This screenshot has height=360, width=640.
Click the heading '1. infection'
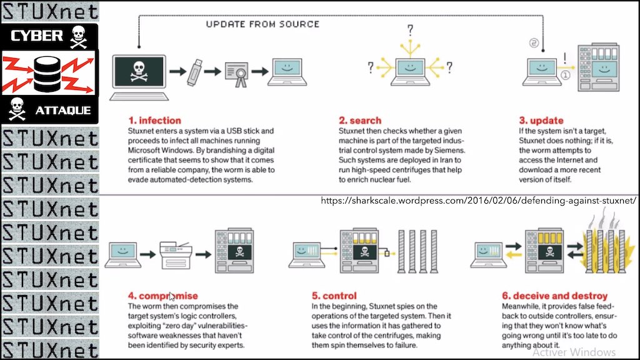(x=155, y=120)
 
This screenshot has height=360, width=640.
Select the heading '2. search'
(x=360, y=120)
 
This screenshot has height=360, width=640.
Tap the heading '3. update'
(x=541, y=120)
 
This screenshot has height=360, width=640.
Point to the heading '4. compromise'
(x=162, y=296)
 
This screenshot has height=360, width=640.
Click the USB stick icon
(x=196, y=71)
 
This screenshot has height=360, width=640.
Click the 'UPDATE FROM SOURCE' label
(x=262, y=24)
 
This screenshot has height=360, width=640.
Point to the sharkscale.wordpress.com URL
(x=478, y=201)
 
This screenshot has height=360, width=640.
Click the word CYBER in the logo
(x=37, y=36)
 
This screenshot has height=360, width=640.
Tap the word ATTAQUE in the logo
(x=62, y=111)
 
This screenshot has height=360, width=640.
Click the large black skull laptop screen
(x=138, y=73)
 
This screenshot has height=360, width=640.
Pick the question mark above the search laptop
(x=410, y=30)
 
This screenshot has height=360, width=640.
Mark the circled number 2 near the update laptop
(x=534, y=43)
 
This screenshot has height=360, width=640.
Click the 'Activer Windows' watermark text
(x=573, y=352)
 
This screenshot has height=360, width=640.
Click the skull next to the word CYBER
(x=78, y=35)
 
